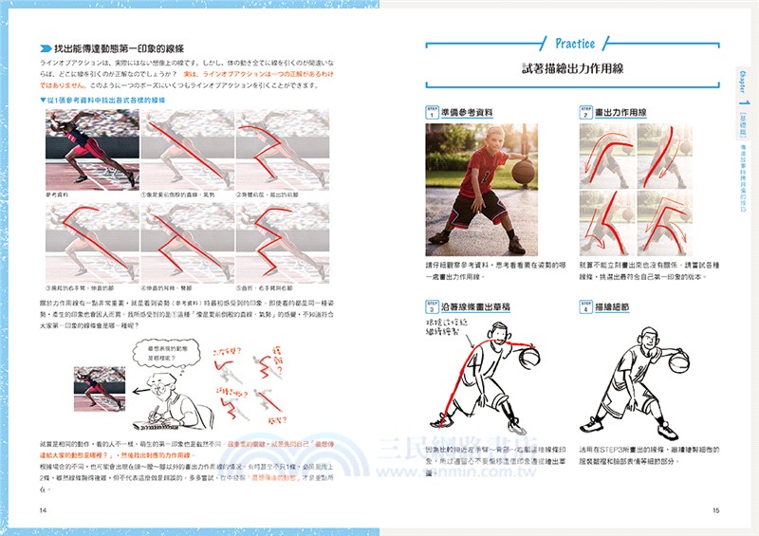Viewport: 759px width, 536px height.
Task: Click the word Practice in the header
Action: (574, 43)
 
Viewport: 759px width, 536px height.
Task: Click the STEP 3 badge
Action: (433, 306)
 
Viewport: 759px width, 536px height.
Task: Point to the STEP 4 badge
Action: (585, 306)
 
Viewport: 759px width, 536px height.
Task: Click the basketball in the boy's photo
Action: (523, 172)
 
